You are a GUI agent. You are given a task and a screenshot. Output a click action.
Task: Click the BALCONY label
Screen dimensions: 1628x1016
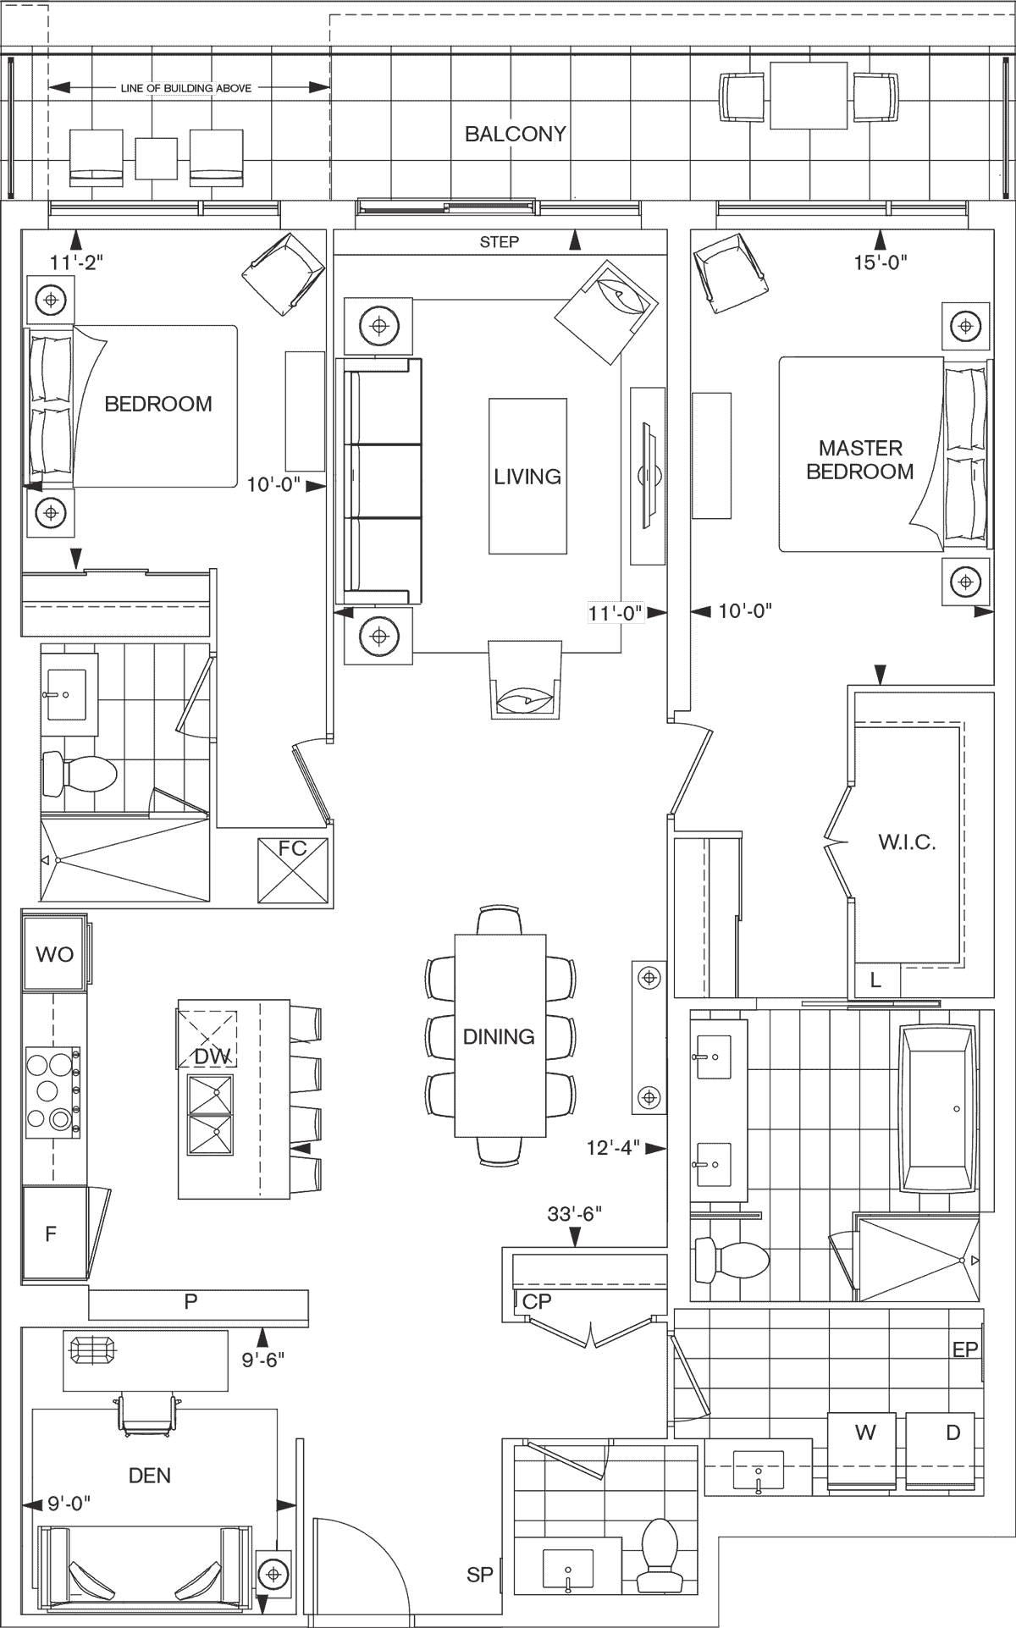click(515, 134)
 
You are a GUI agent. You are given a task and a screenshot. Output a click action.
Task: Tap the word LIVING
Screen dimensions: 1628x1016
click(527, 477)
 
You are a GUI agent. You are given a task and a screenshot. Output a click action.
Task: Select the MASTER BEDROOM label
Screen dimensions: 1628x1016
click(860, 460)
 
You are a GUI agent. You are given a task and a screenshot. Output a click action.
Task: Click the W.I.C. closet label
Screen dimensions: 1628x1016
click(907, 842)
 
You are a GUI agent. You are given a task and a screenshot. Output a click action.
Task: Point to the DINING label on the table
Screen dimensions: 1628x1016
click(499, 1036)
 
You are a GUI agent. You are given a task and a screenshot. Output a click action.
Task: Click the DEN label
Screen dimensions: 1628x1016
click(150, 1476)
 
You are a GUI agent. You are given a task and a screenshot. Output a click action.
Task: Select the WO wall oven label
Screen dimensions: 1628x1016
click(54, 955)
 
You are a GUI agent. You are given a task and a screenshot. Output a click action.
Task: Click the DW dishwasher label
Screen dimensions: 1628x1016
click(212, 1057)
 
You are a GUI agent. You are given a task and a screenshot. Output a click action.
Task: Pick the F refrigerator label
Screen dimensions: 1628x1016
click(51, 1233)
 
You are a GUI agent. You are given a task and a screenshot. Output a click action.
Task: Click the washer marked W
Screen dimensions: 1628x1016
click(864, 1432)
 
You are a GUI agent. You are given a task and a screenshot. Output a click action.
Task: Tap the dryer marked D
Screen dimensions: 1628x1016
click(953, 1432)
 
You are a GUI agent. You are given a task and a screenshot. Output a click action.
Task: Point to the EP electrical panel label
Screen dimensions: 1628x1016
click(965, 1349)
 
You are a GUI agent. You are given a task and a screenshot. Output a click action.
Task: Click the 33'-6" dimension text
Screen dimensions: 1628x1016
click(574, 1214)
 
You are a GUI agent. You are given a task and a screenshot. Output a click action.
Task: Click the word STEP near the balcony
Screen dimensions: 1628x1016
click(500, 242)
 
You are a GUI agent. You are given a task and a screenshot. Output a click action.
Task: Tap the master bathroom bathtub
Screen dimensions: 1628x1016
click(938, 1109)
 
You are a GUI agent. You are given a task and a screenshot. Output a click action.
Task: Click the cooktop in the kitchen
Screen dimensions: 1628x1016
click(52, 1090)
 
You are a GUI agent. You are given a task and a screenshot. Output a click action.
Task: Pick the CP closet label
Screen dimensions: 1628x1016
click(537, 1301)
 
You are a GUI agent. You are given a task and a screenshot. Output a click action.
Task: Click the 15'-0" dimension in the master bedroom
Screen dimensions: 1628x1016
click(881, 262)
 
